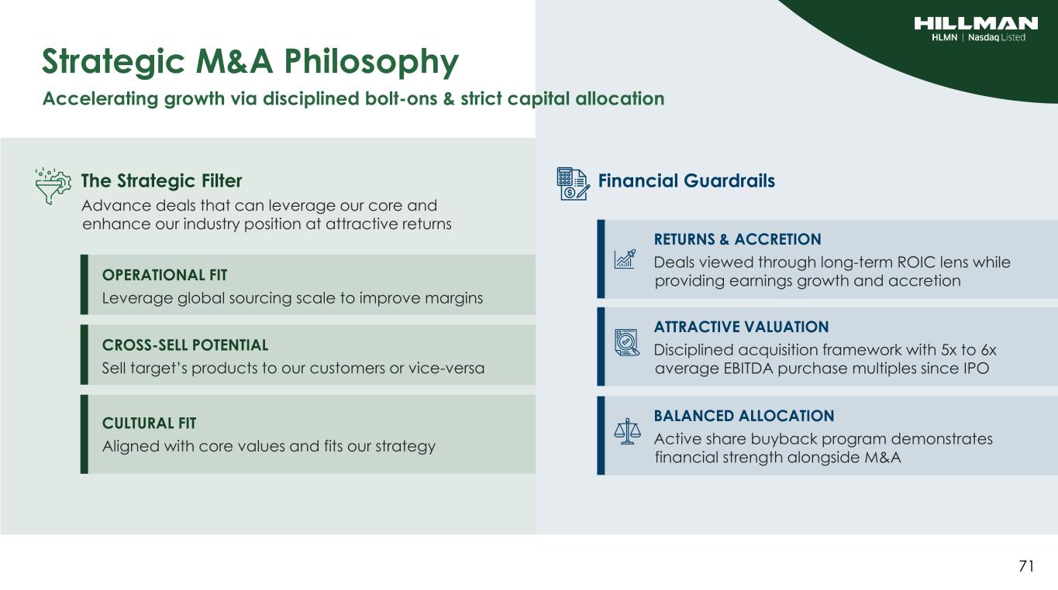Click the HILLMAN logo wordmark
[976, 23]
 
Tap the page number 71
[1026, 566]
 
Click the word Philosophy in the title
[371, 63]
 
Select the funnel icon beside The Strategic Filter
[53, 186]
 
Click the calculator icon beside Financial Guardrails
[573, 184]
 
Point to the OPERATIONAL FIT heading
[165, 275]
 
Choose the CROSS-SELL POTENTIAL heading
[185, 345]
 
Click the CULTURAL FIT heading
[150, 423]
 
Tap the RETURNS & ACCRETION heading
[738, 239]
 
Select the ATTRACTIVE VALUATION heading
[742, 327]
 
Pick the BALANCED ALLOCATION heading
[744, 416]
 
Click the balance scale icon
[627, 431]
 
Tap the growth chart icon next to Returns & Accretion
[625, 259]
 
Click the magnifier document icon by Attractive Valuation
[627, 343]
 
